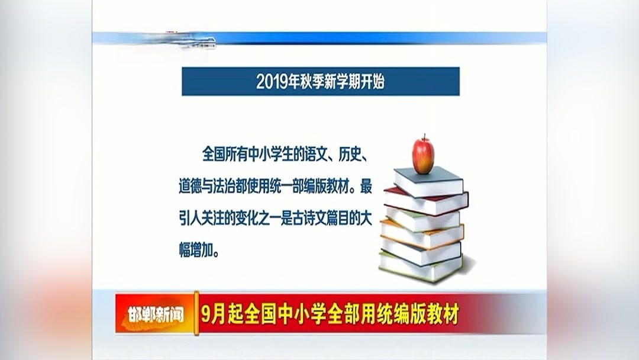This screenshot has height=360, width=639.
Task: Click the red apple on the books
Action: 423,156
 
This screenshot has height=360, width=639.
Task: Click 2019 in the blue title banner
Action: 270,82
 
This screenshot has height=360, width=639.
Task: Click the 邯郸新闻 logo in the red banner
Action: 155,314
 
